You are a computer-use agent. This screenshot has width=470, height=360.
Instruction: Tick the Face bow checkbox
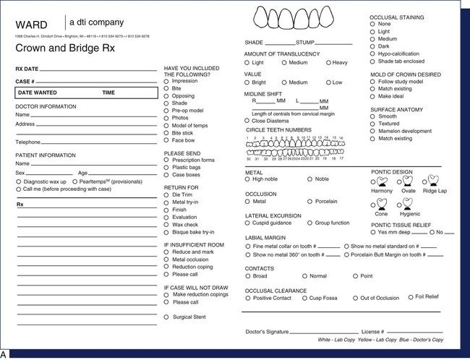click(x=168, y=140)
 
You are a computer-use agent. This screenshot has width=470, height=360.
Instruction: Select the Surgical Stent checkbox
click(x=168, y=317)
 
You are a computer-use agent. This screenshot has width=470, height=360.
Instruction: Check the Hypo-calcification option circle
click(x=373, y=52)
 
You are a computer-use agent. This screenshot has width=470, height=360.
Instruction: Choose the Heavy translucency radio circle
click(x=329, y=63)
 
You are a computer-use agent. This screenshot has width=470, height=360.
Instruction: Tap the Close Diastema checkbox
click(x=248, y=121)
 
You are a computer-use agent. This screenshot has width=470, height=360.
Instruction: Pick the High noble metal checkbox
click(x=248, y=179)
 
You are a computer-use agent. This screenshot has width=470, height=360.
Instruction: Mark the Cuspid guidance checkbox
click(x=248, y=223)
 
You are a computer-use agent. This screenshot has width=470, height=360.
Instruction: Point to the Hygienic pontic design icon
click(x=408, y=203)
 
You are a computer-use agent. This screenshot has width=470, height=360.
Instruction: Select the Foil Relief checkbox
click(x=410, y=296)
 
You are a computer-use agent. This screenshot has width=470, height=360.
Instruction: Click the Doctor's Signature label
click(x=268, y=332)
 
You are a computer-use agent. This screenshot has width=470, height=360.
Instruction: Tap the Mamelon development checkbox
click(x=373, y=131)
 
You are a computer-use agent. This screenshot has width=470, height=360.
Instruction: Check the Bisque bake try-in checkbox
click(x=168, y=231)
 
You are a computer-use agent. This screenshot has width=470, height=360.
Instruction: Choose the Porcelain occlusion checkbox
click(x=310, y=202)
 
